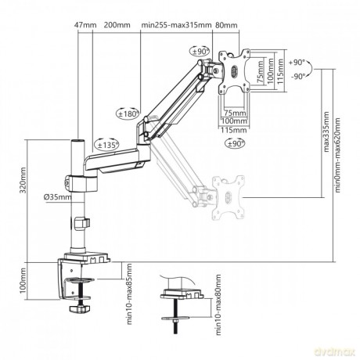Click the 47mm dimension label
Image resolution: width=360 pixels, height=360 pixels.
pyautogui.click(x=85, y=25)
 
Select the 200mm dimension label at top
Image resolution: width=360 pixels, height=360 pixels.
pyautogui.click(x=117, y=25)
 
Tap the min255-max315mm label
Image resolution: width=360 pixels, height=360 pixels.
pyautogui.click(x=176, y=25)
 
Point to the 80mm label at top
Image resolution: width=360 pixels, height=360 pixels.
pyautogui.click(x=226, y=25)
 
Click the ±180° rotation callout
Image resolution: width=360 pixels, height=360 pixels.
pyautogui.click(x=128, y=113)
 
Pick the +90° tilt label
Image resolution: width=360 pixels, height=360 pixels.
pyautogui.click(x=297, y=63)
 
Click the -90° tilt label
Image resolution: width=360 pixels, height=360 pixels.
pyautogui.click(x=298, y=77)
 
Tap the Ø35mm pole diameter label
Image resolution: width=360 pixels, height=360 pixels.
pyautogui.click(x=58, y=197)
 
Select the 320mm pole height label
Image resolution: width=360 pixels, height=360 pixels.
pyautogui.click(x=23, y=180)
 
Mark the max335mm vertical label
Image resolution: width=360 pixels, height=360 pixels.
pyautogui.click(x=326, y=131)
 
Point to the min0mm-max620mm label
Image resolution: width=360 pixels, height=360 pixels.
pyautogui.click(x=338, y=155)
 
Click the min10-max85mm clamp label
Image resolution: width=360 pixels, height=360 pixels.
pyautogui.click(x=129, y=294)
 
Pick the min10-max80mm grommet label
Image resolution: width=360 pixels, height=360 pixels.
pyautogui.click(x=218, y=304)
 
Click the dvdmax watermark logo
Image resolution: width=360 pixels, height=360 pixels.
pyautogui.click(x=335, y=353)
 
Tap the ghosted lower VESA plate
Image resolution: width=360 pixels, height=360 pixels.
pyautogui.click(x=229, y=197)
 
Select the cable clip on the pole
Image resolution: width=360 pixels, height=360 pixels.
pyautogui.click(x=82, y=223)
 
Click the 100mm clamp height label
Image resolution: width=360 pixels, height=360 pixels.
pyautogui.click(x=23, y=280)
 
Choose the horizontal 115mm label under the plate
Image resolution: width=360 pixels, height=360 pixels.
pyautogui.click(x=234, y=130)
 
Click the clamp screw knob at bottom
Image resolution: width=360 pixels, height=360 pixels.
pyautogui.click(x=80, y=309)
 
